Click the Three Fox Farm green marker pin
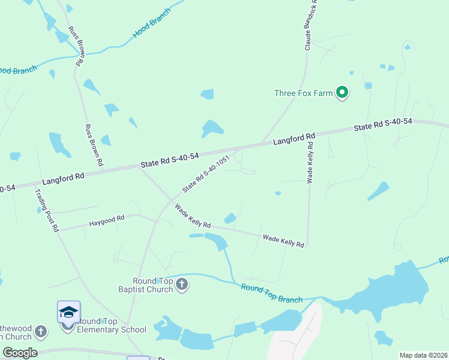[x=343, y=93]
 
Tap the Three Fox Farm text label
[x=303, y=93]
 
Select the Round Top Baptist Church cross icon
[x=182, y=284]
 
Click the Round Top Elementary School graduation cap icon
[x=68, y=312]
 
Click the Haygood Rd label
[x=106, y=220]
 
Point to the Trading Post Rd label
[x=47, y=211]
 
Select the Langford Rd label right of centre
[x=294, y=140]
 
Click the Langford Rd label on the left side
[x=63, y=178]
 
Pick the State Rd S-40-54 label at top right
[x=383, y=124]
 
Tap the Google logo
[x=20, y=353]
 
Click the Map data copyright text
[x=424, y=355]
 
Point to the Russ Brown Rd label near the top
[x=76, y=46]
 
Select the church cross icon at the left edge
[x=40, y=331]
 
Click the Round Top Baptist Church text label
[x=152, y=284]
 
